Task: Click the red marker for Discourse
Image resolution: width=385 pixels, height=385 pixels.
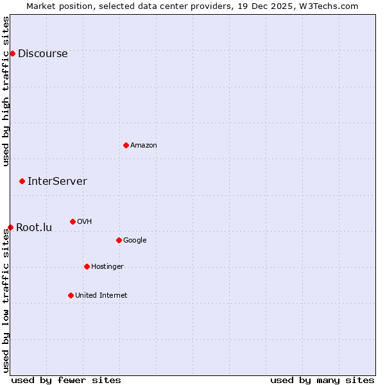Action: (x=12, y=53)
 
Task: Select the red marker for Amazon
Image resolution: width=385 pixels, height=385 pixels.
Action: (x=126, y=145)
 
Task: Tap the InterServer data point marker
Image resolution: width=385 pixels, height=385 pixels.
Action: (x=22, y=181)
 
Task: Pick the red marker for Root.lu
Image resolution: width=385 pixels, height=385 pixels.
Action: (x=10, y=227)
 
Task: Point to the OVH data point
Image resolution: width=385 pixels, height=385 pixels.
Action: (x=73, y=221)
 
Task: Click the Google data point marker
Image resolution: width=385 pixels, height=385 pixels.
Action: (x=119, y=240)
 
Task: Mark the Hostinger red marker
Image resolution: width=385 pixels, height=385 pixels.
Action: (x=87, y=266)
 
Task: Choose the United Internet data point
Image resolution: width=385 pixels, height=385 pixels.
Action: (x=71, y=295)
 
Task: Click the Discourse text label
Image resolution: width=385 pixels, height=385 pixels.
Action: (x=42, y=54)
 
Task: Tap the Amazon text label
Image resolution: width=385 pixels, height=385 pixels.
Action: (x=144, y=146)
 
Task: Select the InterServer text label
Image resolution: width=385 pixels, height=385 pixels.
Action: (x=57, y=182)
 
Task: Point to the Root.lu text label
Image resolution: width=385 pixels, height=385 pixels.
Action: (x=34, y=228)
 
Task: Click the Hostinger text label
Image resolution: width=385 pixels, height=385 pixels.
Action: (x=107, y=267)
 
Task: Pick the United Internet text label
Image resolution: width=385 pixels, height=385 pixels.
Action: (x=101, y=296)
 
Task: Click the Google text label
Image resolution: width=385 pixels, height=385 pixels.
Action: (x=135, y=241)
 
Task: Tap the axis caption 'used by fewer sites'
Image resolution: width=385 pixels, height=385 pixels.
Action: (x=66, y=381)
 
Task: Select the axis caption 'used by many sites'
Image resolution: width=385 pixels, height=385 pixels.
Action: (x=322, y=381)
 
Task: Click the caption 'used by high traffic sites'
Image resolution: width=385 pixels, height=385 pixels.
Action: (x=6, y=91)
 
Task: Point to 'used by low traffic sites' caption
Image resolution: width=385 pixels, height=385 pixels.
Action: (x=6, y=300)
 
